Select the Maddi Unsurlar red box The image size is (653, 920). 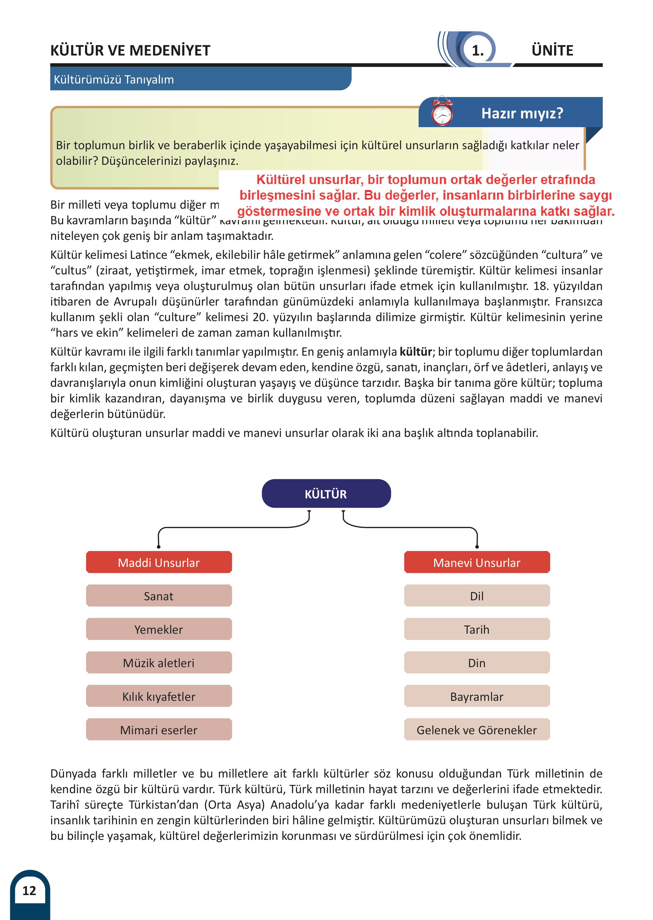click(159, 562)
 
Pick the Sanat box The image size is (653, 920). click(159, 595)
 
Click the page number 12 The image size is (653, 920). click(29, 890)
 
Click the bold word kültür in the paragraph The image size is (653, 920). click(415, 351)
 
